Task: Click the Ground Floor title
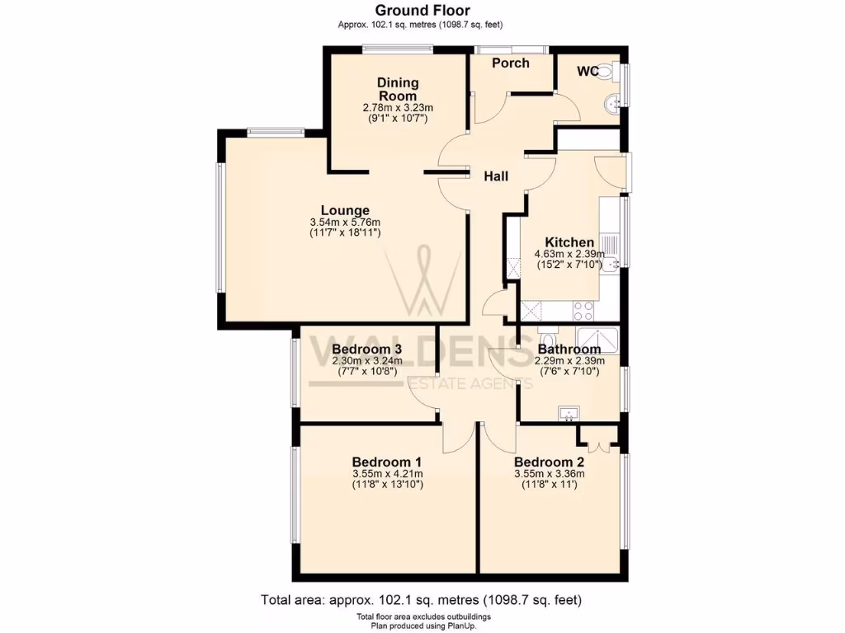[422, 11]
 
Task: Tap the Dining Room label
[398, 89]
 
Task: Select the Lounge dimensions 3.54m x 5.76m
[344, 223]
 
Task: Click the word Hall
[495, 176]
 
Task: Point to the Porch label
[510, 63]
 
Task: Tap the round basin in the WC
[611, 105]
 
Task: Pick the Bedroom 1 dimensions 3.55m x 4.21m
[387, 474]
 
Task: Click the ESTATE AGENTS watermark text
[467, 382]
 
